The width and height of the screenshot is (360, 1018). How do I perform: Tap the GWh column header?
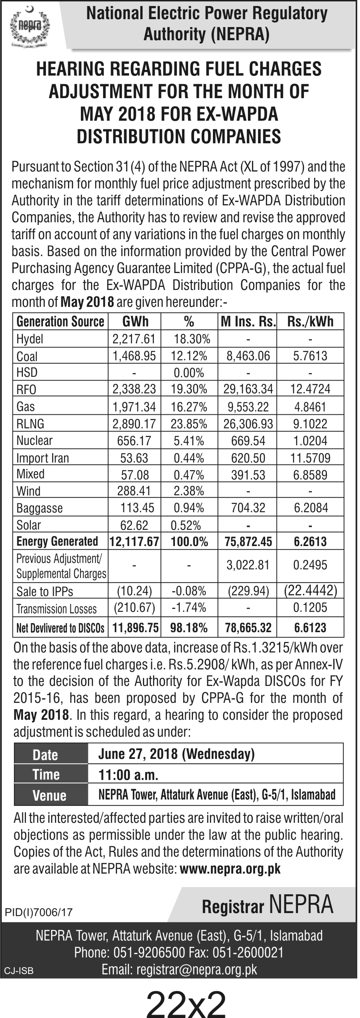tap(135, 322)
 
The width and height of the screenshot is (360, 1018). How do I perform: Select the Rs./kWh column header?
tap(310, 322)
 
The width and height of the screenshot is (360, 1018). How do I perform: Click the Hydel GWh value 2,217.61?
tap(134, 339)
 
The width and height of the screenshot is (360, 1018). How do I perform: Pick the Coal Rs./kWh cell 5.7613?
tap(310, 356)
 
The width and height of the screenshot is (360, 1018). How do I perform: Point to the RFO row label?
tap(26, 390)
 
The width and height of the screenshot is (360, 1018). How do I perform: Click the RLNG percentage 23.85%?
tap(189, 424)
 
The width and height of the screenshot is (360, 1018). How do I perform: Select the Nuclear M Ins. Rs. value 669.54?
tap(248, 441)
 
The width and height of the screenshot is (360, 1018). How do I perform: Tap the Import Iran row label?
tap(43, 458)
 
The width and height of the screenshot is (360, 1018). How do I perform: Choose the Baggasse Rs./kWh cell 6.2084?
tap(311, 508)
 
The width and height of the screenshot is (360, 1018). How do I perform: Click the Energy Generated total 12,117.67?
tap(134, 542)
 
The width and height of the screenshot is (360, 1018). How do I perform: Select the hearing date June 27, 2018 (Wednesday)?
tap(176, 754)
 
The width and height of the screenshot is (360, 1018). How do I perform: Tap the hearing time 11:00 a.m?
tap(128, 775)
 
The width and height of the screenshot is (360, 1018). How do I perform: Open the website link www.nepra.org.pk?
tap(230, 869)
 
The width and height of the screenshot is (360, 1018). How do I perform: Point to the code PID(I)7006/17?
tap(39, 912)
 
